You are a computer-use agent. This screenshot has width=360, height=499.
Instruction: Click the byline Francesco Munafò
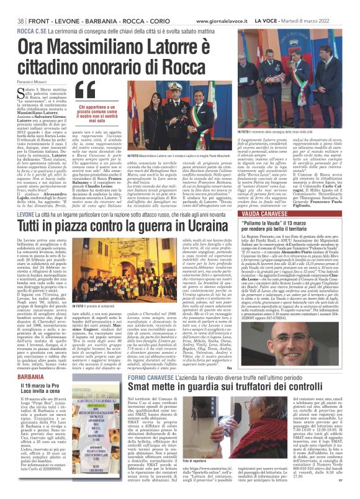pos(24,65)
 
